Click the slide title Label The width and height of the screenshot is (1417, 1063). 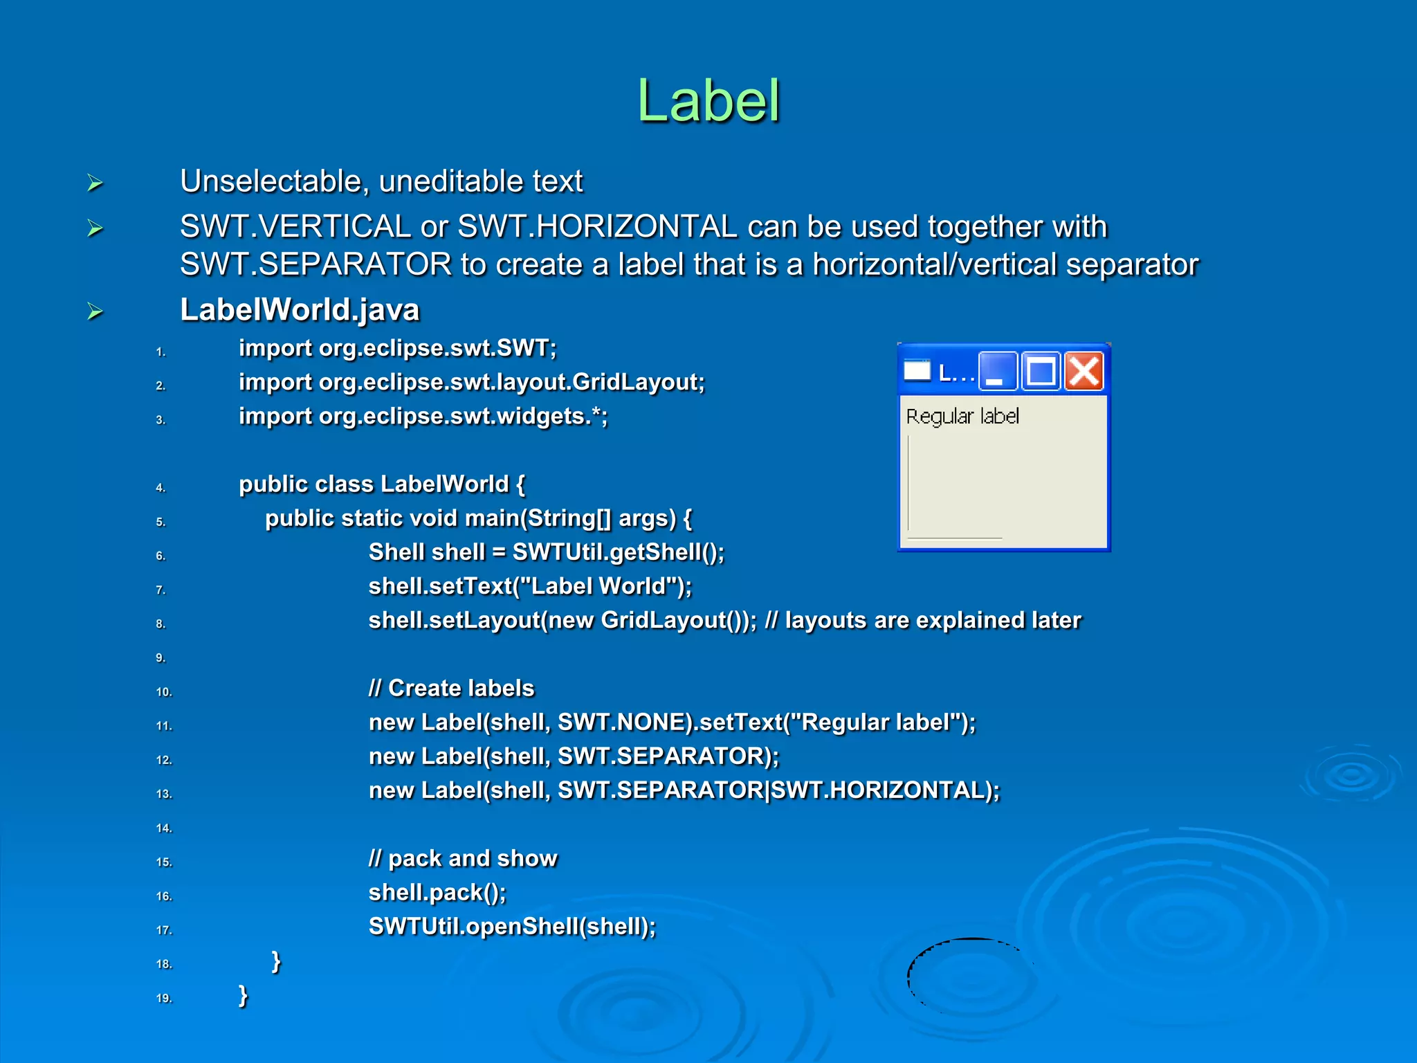point(708,102)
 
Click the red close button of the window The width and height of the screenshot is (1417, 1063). point(1084,372)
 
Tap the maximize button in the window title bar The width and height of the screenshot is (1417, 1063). point(1041,372)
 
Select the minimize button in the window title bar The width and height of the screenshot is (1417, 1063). point(998,372)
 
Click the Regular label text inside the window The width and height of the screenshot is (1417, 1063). point(962,417)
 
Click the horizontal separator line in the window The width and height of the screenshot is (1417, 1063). point(954,538)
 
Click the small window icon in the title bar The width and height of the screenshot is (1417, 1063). point(917,372)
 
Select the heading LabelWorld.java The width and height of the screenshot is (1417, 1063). point(300,310)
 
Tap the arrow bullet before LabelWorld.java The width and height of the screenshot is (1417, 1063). point(95,311)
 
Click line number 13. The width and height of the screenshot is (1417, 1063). point(164,794)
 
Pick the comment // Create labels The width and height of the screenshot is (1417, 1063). point(451,689)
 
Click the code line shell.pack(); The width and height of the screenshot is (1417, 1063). point(437,893)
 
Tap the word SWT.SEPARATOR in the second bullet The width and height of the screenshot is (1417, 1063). point(316,265)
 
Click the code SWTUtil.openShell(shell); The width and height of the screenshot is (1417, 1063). point(512,927)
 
